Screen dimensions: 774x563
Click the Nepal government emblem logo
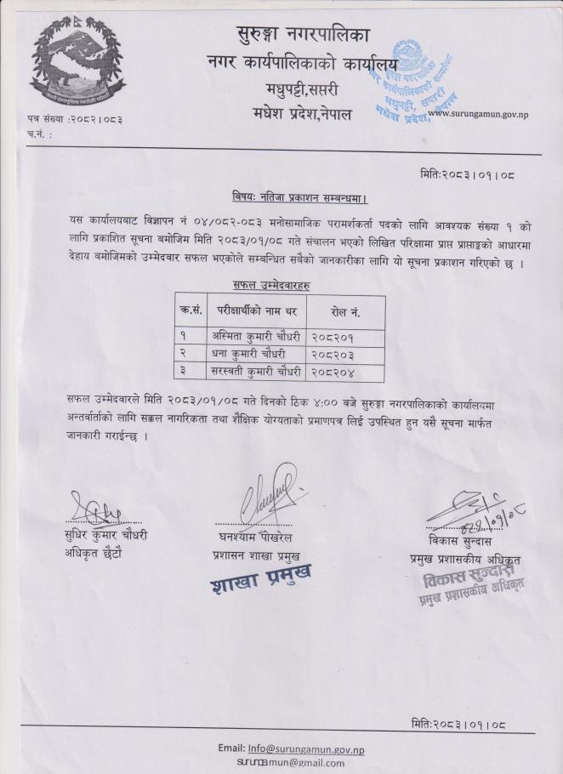pos(77,61)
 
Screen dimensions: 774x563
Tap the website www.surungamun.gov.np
pos(477,114)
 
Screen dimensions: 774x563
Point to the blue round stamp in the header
pos(412,83)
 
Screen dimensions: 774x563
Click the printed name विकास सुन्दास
pos(463,540)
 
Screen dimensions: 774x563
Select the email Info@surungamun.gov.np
pos(304,748)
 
